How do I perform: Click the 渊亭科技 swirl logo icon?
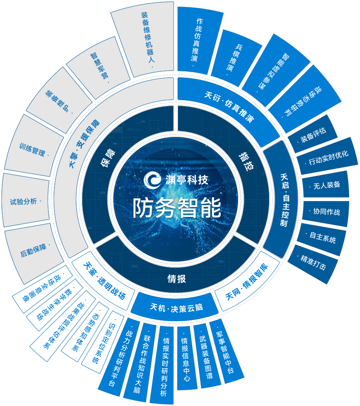[152, 179]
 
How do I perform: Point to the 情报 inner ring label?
[176, 278]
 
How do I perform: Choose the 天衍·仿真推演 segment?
[229, 107]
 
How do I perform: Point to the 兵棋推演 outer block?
[237, 58]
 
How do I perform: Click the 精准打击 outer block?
[313, 263]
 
